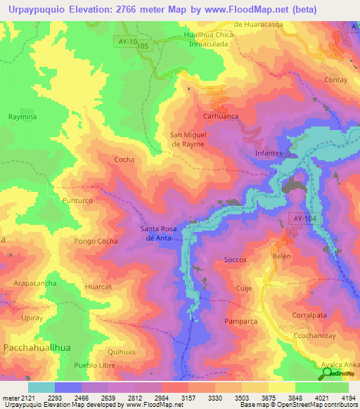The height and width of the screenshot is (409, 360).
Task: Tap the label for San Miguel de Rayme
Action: [188, 139]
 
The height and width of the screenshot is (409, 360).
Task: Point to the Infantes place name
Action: [269, 152]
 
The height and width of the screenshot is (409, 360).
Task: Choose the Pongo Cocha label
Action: [96, 241]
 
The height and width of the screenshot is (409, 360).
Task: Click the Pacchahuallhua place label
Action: [36, 348]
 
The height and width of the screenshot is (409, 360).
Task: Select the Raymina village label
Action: [22, 116]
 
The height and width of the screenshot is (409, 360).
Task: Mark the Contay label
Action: [336, 80]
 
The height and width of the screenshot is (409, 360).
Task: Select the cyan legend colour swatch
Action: [41, 387]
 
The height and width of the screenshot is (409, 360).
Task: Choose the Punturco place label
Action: [77, 201]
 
